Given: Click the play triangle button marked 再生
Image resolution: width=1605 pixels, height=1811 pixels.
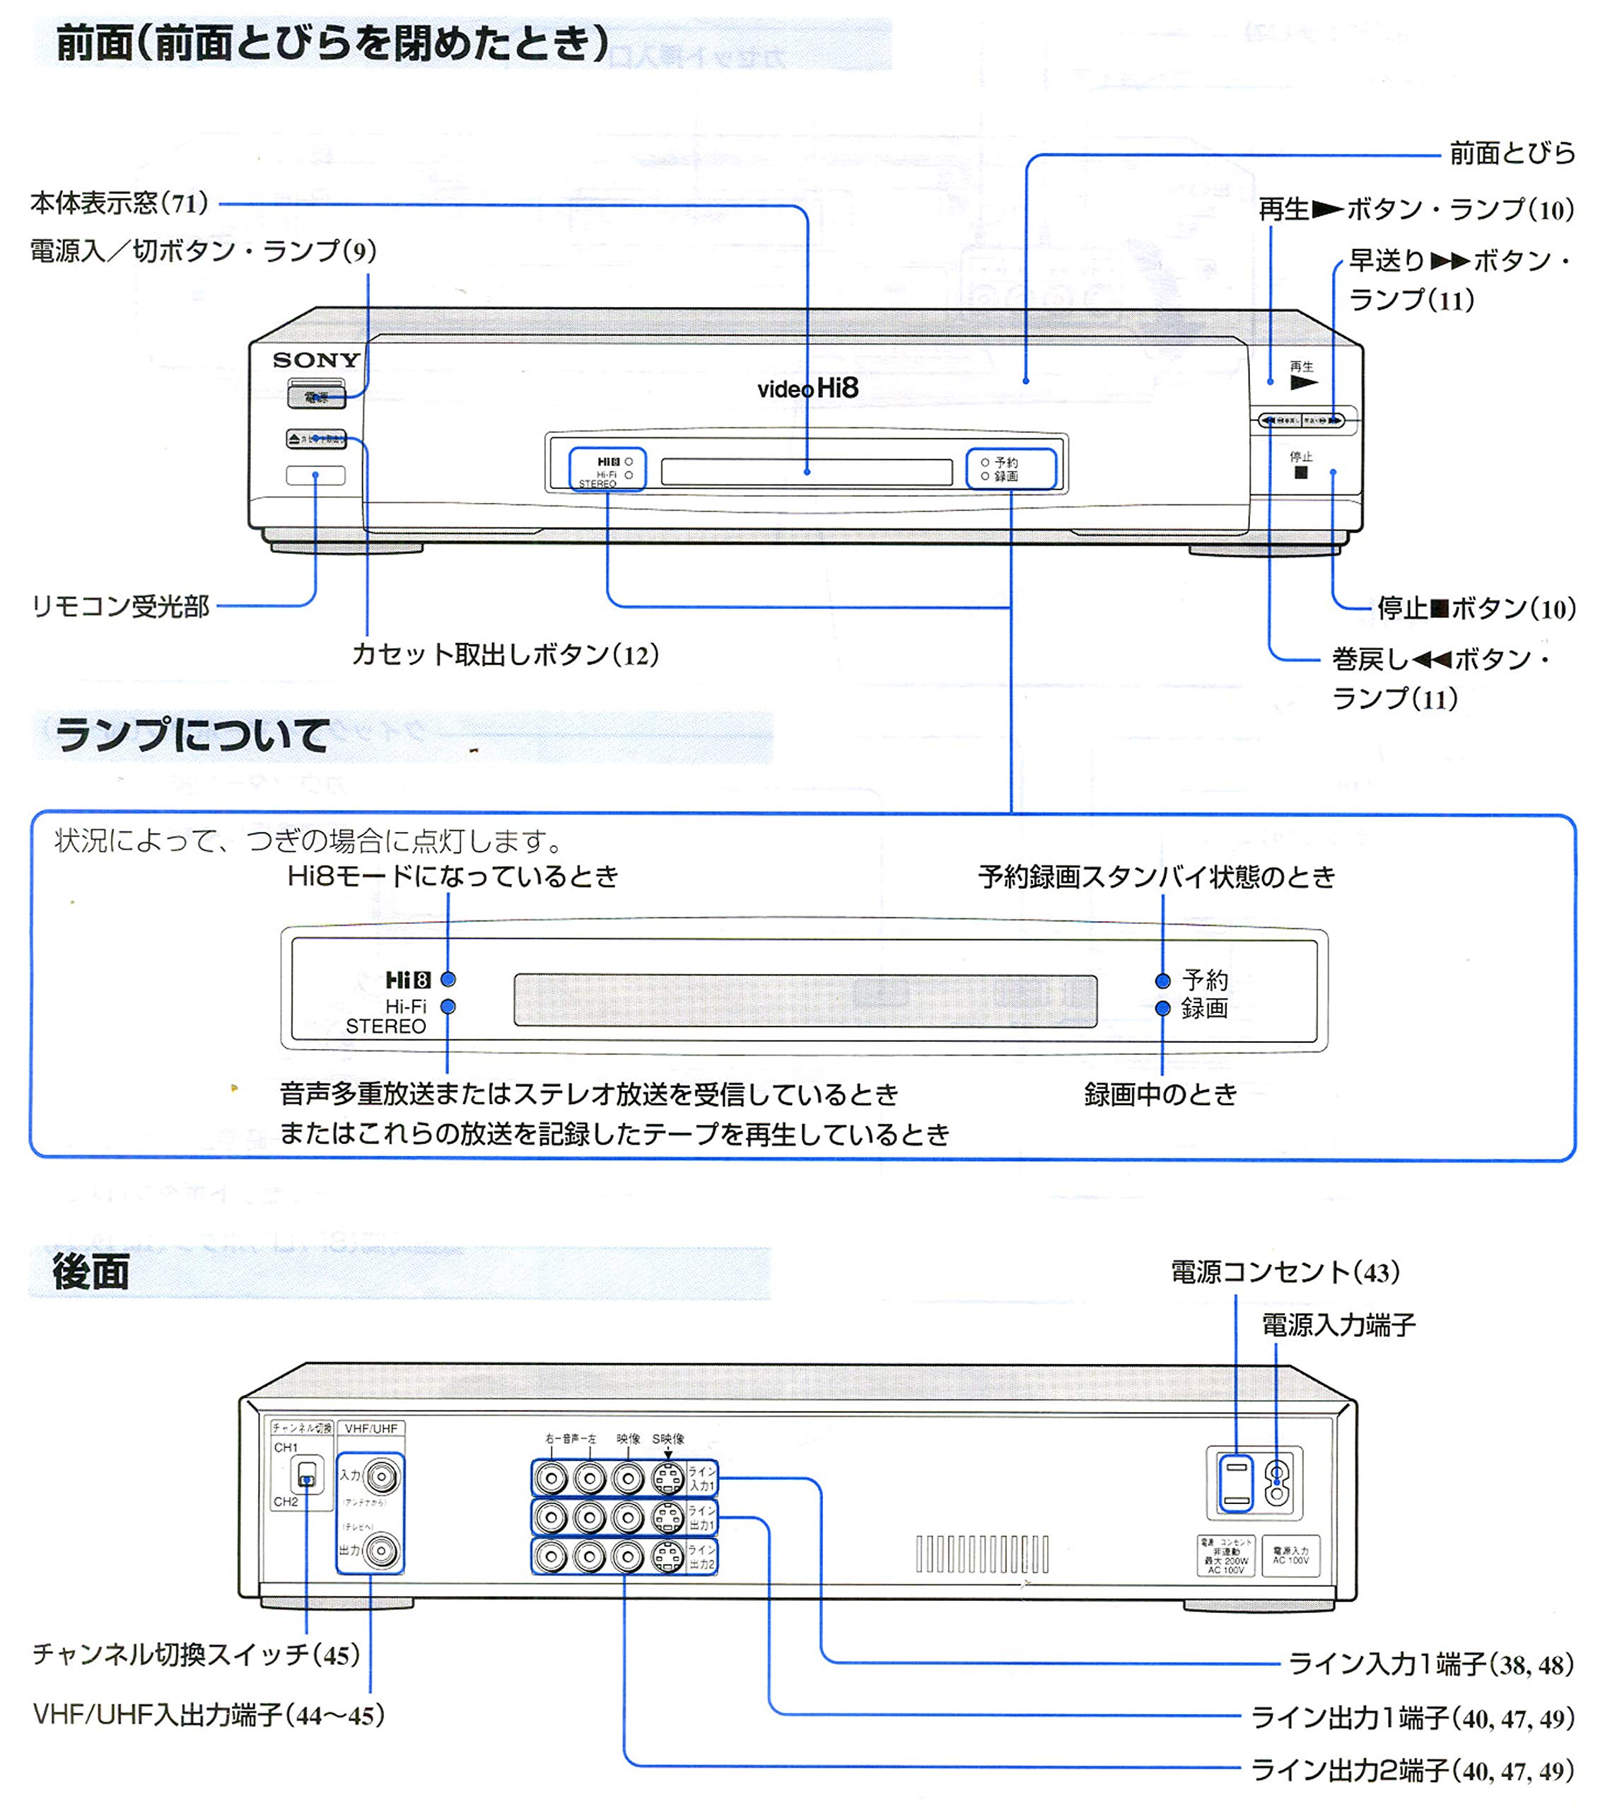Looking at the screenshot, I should click(1303, 383).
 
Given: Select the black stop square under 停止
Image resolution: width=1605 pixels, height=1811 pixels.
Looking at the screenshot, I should click(1300, 473).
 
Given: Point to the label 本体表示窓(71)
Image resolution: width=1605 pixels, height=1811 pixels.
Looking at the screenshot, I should click(119, 204).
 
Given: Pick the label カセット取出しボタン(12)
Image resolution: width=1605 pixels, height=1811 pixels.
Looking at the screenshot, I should click(505, 656).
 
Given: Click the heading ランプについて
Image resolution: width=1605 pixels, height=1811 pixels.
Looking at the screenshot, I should click(192, 736).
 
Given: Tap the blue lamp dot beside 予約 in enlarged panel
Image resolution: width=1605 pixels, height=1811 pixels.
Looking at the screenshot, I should click(1163, 980).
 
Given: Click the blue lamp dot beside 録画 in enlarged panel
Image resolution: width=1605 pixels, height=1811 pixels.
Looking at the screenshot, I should click(1163, 1008).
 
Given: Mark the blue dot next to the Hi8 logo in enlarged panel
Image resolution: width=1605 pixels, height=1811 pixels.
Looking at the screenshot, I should click(448, 980).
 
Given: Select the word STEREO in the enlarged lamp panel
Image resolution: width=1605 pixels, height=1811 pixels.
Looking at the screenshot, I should click(385, 1027).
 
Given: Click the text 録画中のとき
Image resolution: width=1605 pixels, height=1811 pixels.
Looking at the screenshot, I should click(1160, 1095).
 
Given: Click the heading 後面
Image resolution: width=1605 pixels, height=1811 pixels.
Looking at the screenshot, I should click(91, 1273).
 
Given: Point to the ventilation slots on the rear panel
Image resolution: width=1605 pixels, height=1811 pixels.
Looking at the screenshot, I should click(981, 1554).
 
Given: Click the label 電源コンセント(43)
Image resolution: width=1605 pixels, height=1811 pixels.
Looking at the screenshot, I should click(1285, 1273).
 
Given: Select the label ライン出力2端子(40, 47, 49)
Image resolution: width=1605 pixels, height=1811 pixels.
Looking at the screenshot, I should click(1412, 1771).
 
